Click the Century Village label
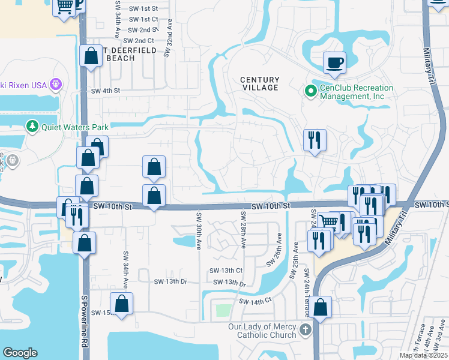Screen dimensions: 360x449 click(x=260, y=83)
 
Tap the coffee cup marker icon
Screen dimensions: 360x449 click(x=334, y=62)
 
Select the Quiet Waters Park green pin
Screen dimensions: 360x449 click(x=32, y=127)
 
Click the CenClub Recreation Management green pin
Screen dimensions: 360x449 click(x=310, y=91)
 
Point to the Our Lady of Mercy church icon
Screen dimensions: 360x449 click(x=306, y=329)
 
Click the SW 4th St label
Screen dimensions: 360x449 click(x=106, y=91)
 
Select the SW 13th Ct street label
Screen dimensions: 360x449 click(x=226, y=271)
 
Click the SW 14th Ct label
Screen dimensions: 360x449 click(x=255, y=301)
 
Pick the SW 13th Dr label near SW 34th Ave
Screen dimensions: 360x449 click(x=170, y=281)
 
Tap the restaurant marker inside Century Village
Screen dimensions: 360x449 click(x=315, y=140)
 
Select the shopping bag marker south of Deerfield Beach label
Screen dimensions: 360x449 click(x=91, y=57)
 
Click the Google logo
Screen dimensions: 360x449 click(x=20, y=353)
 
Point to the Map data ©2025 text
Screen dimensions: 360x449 click(x=423, y=355)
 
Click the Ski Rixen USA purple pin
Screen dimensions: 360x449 click(x=56, y=85)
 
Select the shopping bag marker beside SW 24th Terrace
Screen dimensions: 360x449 click(x=321, y=307)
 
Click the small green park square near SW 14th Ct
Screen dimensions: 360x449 click(x=223, y=310)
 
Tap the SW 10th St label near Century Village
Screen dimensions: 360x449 click(x=271, y=206)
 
